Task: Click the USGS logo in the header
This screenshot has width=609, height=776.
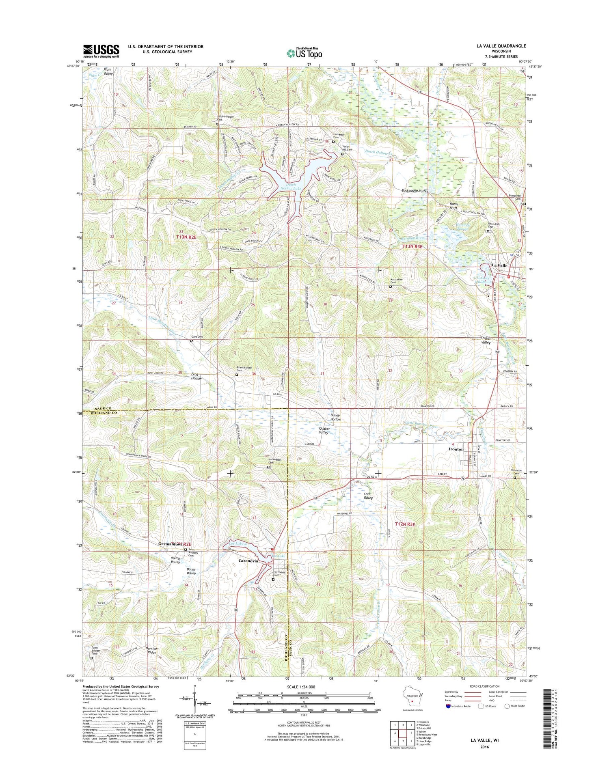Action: click(x=101, y=51)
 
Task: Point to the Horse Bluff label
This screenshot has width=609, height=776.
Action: click(x=454, y=206)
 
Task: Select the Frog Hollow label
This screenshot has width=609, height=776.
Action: click(x=197, y=376)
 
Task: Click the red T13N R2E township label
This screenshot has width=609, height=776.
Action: click(x=186, y=237)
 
